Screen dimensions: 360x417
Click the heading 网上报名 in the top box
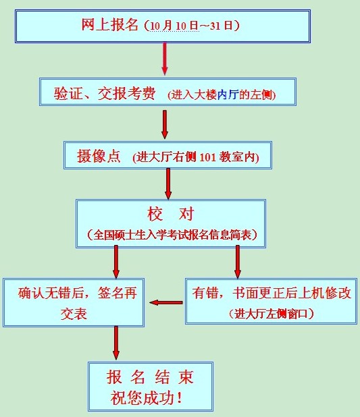[x=109, y=25]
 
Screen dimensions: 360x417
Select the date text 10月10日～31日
[x=191, y=26]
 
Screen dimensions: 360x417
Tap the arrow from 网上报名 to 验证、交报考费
[x=165, y=59]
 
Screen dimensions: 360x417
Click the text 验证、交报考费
[x=105, y=93]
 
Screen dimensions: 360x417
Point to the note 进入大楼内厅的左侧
[x=222, y=95]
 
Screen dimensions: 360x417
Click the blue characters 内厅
[x=227, y=95]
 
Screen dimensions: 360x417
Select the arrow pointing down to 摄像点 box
[x=165, y=124]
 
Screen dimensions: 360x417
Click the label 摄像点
[x=99, y=156]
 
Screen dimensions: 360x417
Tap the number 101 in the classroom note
[x=207, y=157]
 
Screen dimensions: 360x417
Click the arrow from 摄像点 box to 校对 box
[x=168, y=184]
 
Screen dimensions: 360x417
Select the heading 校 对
[x=171, y=214]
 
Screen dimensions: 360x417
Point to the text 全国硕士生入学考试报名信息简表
[x=172, y=235]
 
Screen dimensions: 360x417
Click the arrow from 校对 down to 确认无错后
[x=115, y=262]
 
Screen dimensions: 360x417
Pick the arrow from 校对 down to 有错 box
[x=238, y=262]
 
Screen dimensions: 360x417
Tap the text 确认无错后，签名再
[x=78, y=293]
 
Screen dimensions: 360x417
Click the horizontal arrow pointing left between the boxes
[x=166, y=303]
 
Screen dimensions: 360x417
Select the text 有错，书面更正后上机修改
[x=272, y=293]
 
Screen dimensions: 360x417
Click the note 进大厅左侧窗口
[x=271, y=314]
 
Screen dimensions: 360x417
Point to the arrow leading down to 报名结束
[x=115, y=343]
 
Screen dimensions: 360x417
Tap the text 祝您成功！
[x=146, y=398]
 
